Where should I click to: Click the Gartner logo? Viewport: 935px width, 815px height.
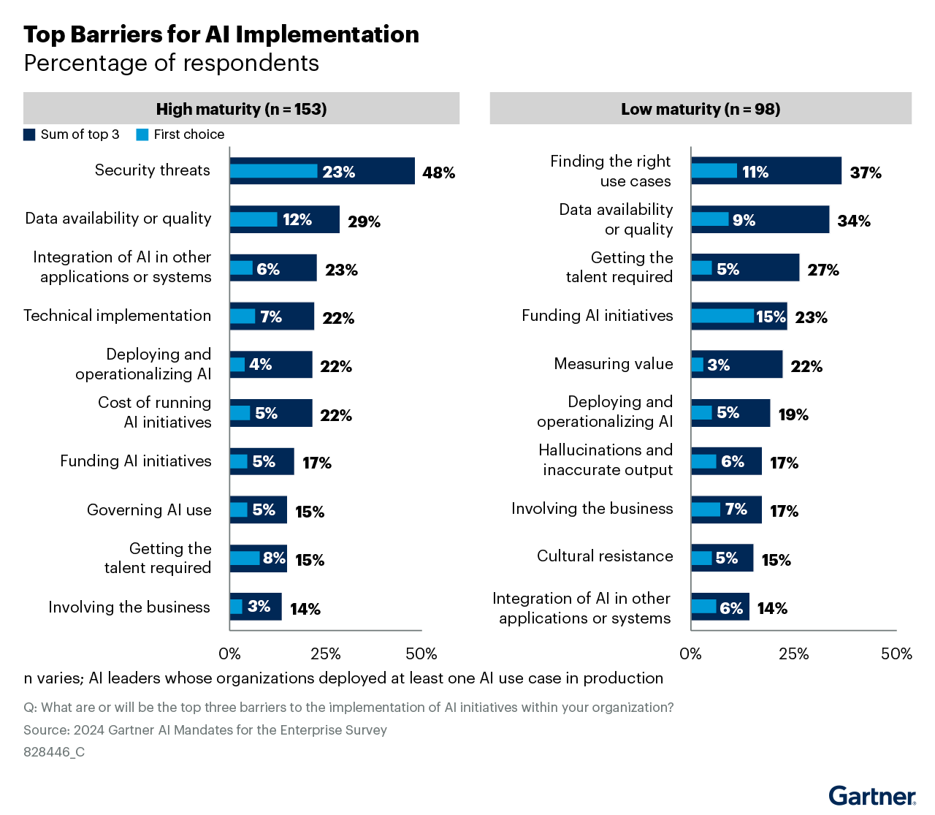coord(872,795)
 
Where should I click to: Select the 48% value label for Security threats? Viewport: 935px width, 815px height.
coord(438,173)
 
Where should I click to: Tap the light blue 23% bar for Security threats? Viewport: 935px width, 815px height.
coord(274,171)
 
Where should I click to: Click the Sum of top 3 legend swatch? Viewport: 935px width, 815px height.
coord(29,134)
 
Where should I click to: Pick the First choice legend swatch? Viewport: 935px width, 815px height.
coord(142,134)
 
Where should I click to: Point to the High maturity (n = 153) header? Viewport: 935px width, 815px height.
coord(241,109)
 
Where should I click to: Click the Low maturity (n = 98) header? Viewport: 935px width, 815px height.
coord(701,109)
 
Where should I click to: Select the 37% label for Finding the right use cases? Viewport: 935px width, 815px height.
coord(866,173)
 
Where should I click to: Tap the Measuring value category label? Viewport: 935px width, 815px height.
coord(614,364)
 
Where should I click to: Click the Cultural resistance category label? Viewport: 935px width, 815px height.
coord(605,556)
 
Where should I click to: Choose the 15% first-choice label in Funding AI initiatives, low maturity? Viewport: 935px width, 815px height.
coord(771,316)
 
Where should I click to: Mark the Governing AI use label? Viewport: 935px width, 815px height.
coord(149,510)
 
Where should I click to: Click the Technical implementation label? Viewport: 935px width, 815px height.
coord(117,316)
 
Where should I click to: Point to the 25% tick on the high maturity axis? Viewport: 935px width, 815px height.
coord(326,653)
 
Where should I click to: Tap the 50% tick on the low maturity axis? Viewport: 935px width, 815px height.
coord(896,653)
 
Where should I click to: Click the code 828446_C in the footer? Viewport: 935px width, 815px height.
coord(54,752)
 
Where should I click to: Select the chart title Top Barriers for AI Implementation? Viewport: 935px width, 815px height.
coord(221,34)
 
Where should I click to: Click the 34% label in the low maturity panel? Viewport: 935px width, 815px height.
coord(854,221)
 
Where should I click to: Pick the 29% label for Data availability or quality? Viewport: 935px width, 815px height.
coord(364,221)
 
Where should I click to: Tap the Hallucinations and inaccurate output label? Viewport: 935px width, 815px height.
coord(606,460)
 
